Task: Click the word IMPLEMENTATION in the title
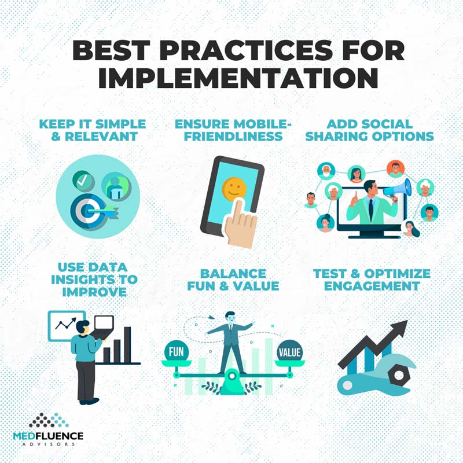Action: pyautogui.click(x=238, y=78)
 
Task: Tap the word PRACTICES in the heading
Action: pyautogui.click(x=247, y=50)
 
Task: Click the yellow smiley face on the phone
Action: pyautogui.click(x=234, y=188)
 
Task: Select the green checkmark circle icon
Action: pyautogui.click(x=83, y=181)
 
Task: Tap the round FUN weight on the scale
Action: pyautogui.click(x=177, y=351)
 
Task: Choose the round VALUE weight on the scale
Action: pyautogui.click(x=290, y=351)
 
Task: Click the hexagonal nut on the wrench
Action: pyautogui.click(x=399, y=375)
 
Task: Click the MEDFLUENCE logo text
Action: pyautogui.click(x=48, y=436)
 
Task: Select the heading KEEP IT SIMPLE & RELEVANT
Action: pyautogui.click(x=93, y=130)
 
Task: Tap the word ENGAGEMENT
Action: pyautogui.click(x=372, y=286)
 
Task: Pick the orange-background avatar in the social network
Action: pyautogui.click(x=395, y=169)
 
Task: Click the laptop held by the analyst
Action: pyautogui.click(x=103, y=326)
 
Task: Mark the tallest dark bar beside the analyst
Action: pyautogui.click(x=127, y=344)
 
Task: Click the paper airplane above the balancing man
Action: pyautogui.click(x=211, y=318)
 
